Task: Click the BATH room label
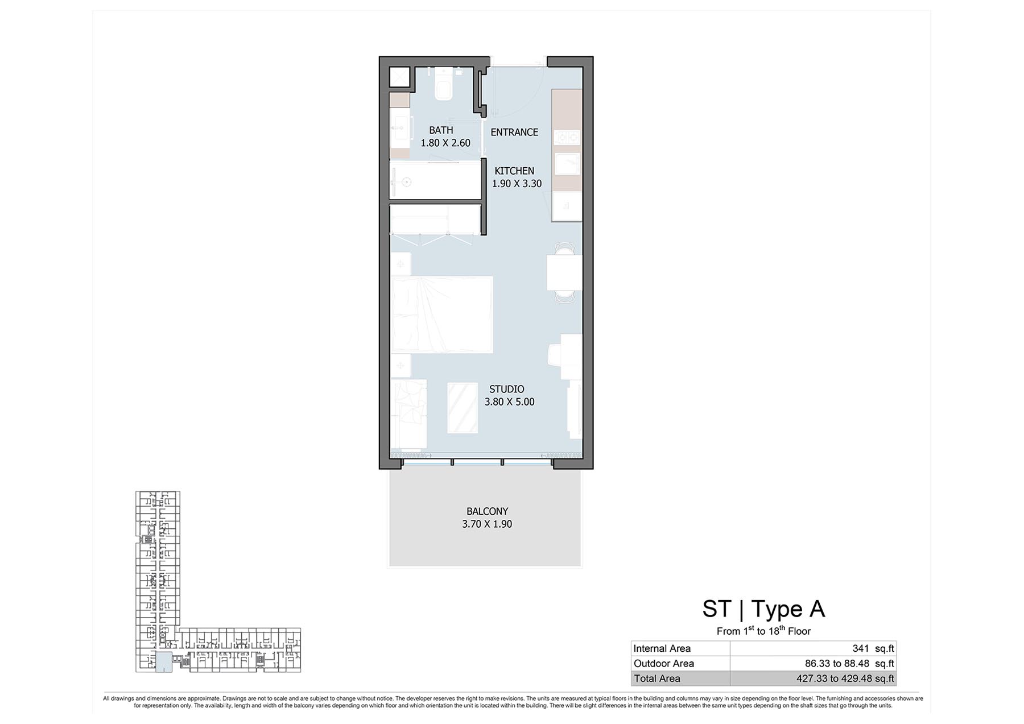point(441,130)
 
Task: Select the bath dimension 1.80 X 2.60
point(445,143)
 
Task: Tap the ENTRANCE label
point(514,132)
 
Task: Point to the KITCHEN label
point(514,171)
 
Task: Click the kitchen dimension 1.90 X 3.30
point(517,184)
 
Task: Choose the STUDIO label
point(507,389)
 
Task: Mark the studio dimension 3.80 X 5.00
point(510,402)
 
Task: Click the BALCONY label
point(487,511)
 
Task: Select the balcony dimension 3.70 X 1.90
point(487,524)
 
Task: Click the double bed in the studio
point(441,314)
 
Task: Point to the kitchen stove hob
point(567,138)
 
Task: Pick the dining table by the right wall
point(564,273)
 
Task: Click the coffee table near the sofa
point(463,408)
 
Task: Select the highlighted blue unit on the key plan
point(164,663)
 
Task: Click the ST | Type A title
point(763,609)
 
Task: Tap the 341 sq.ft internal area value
point(873,648)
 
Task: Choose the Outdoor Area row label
point(664,663)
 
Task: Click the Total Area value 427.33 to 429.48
point(845,679)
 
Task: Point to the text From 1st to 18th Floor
point(763,631)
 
